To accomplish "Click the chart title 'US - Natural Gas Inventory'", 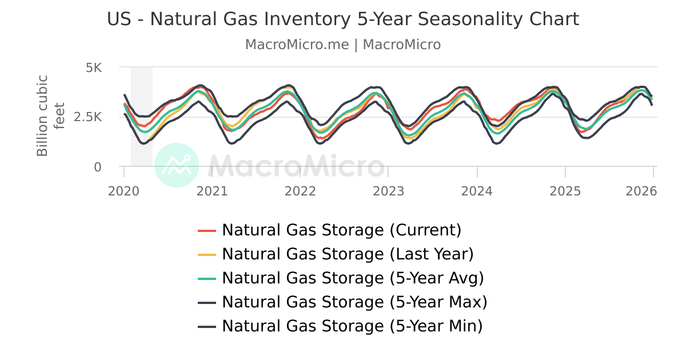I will [343, 19].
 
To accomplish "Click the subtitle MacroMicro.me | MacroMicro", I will [343, 45].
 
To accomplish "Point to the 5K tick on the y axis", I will [93, 68].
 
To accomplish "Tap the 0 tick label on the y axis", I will [98, 167].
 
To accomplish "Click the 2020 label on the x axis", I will [124, 191].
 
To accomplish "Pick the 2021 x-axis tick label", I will [212, 191].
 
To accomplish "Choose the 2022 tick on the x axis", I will [301, 191].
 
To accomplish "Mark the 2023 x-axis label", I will [389, 191].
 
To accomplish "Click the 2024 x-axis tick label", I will [477, 191].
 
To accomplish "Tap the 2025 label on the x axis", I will [565, 191].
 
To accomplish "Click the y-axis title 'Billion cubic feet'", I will [50, 115].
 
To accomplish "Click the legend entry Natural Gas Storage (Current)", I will [341, 230].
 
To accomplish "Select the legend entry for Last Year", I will [348, 254].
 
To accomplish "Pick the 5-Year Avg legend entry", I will [353, 278].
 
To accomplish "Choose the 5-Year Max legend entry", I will [354, 302].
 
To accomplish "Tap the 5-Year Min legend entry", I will [352, 326].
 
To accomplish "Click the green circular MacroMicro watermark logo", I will [177, 165].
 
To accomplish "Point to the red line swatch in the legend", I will [207, 231].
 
